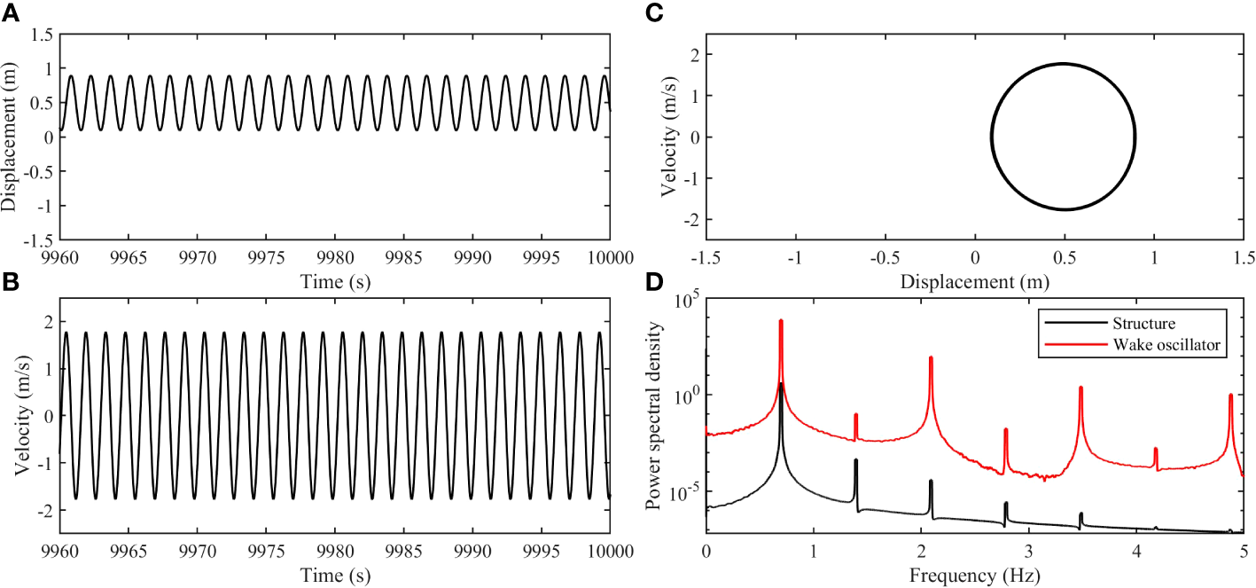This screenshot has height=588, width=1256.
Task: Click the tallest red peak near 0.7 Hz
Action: pyautogui.click(x=781, y=321)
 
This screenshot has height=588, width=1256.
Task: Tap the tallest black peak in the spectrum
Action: pyautogui.click(x=781, y=384)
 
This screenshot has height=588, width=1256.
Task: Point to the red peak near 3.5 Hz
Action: pyautogui.click(x=1080, y=388)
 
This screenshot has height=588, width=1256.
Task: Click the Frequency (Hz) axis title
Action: pyautogui.click(x=974, y=576)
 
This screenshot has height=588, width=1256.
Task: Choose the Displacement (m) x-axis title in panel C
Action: pyautogui.click(x=974, y=282)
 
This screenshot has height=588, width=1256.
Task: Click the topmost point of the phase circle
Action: pyautogui.click(x=1064, y=64)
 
